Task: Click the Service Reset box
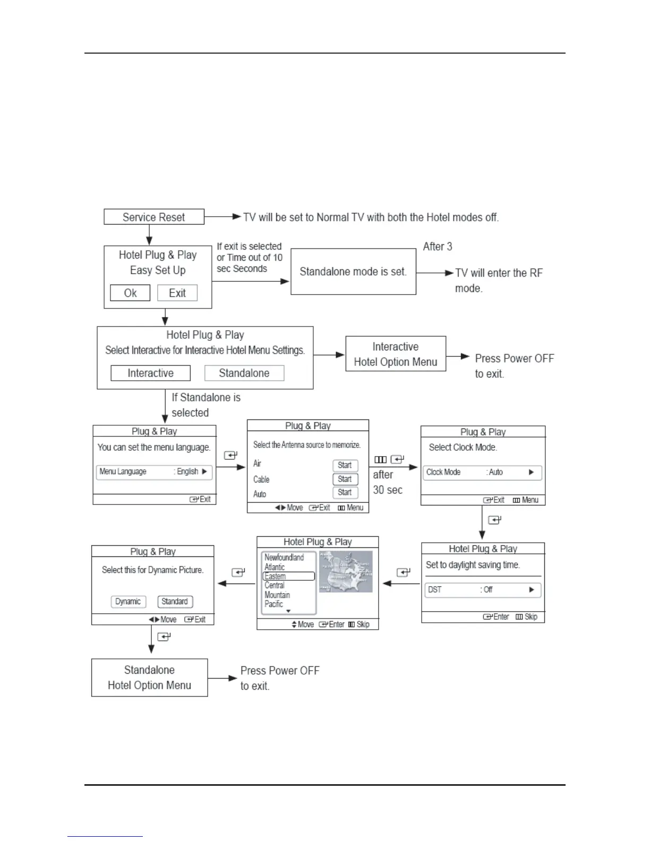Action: pos(153,217)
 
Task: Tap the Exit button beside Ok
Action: pos(177,293)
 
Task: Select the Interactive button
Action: pos(150,373)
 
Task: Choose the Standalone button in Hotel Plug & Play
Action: pos(244,373)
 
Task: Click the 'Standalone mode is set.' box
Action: pos(353,272)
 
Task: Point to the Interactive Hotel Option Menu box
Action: pos(396,354)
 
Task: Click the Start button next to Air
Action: pos(345,465)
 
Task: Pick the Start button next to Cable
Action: pos(345,479)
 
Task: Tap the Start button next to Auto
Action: pos(345,493)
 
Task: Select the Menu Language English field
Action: pos(154,472)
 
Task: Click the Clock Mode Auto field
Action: pos(482,473)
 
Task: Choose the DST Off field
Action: pos(482,590)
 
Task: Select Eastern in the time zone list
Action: pos(288,577)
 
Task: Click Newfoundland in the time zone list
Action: pos(284,557)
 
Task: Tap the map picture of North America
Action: pos(346,572)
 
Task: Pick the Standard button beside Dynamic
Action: pos(175,602)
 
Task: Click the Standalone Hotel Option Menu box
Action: pos(149,678)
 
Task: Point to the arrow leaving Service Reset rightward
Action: pos(223,217)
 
